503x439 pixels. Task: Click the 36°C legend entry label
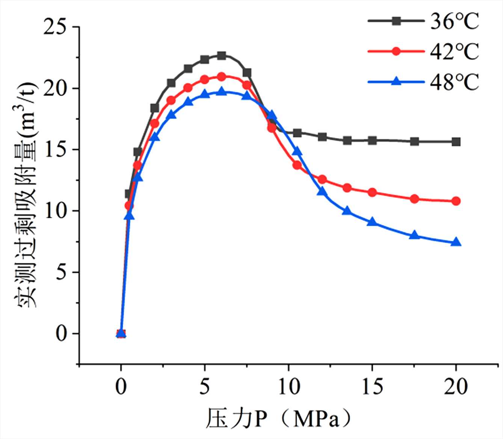455,21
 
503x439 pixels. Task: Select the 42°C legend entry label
455,51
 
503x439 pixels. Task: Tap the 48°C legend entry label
455,81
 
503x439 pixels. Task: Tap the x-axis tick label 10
289,386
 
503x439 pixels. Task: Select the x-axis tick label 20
456,386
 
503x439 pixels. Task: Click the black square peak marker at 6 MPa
222,56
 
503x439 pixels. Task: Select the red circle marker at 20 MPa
456,201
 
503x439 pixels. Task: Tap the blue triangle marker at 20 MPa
456,242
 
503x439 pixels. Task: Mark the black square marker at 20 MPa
456,141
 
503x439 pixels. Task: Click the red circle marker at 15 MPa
372,192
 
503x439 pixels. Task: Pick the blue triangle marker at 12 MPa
322,191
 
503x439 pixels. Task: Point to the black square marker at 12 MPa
322,137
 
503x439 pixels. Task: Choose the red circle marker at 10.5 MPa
297,165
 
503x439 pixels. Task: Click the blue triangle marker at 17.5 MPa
414,235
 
